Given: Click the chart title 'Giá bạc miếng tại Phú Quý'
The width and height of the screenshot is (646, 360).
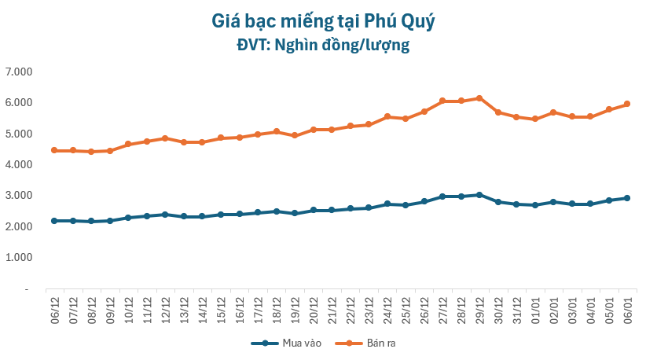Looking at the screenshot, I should click(323, 20).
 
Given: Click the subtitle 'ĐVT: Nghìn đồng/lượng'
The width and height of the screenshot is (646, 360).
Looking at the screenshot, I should click(323, 46).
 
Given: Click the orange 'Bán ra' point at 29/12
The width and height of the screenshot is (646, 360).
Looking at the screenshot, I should click(479, 98).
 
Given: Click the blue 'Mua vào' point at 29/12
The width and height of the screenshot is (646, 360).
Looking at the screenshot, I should click(479, 195).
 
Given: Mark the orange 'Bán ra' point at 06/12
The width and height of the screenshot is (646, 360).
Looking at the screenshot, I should click(54, 150).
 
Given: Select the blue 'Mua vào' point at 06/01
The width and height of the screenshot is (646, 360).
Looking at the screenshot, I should click(627, 198).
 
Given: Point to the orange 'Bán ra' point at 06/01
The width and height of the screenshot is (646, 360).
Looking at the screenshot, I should click(627, 104).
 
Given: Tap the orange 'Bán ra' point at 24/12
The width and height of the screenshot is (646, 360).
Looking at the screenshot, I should click(387, 116).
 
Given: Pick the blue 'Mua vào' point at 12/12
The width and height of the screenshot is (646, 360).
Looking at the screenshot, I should click(165, 214).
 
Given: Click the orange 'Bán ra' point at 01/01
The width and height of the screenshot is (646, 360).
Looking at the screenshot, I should click(535, 119).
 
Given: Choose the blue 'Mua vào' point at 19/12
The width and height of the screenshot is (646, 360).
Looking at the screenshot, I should click(295, 213).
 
